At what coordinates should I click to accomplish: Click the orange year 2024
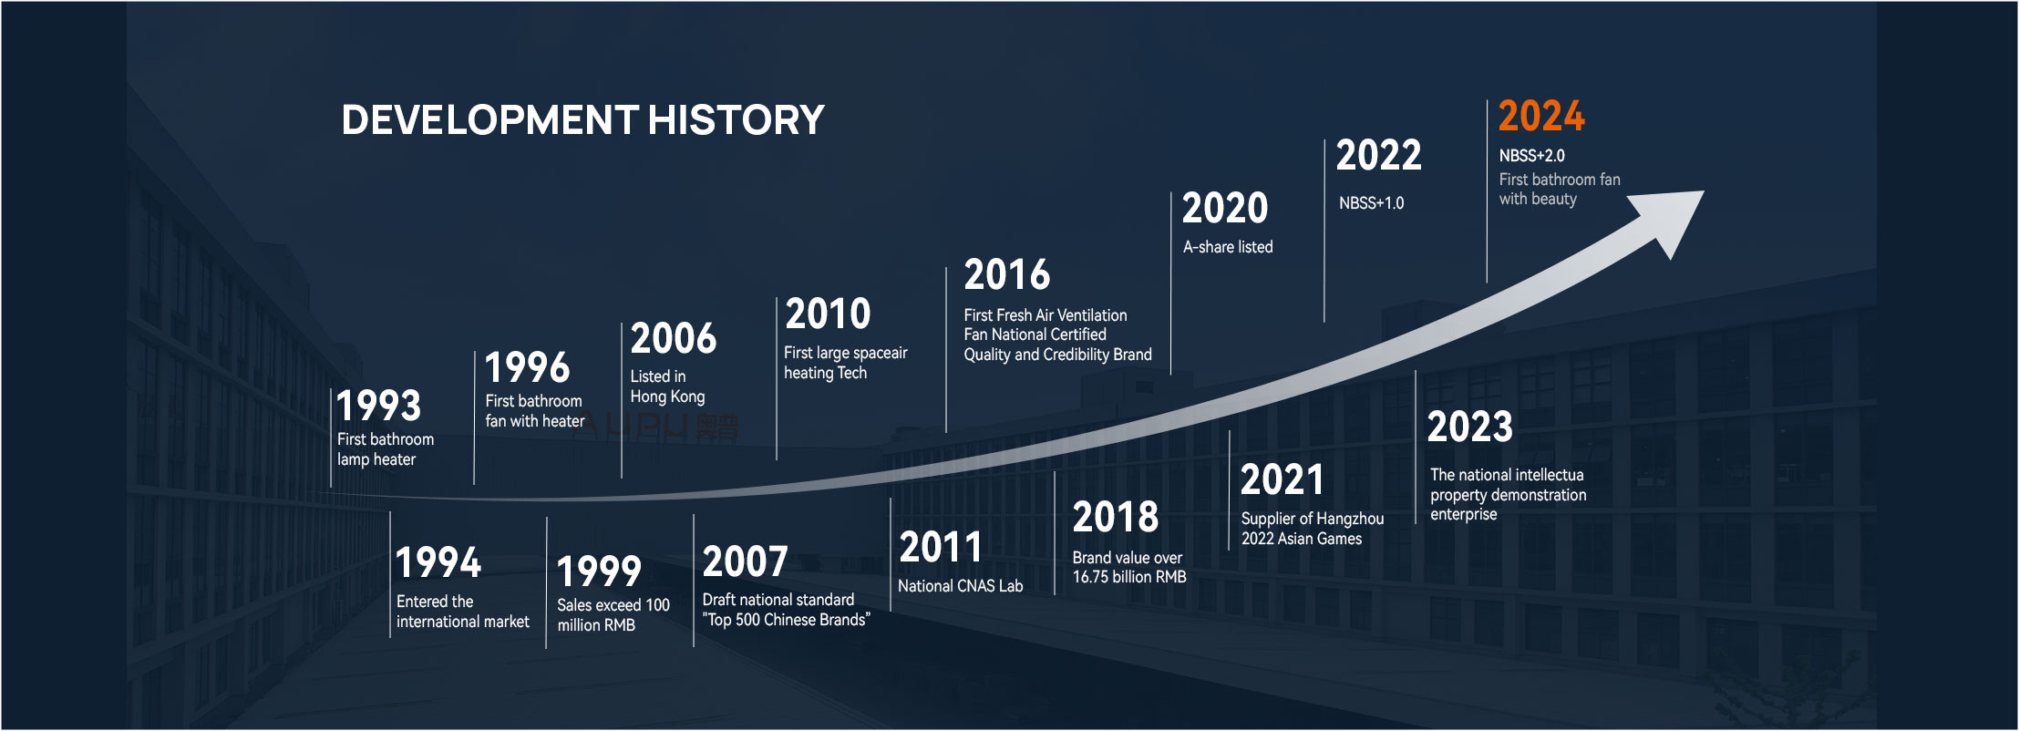1541,117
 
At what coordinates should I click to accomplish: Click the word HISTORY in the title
736,120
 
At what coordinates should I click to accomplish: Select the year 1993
379,406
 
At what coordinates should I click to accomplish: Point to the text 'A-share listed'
1227,247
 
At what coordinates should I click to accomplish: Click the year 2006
674,339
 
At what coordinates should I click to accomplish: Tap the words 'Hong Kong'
667,396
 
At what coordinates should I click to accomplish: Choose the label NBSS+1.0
1371,203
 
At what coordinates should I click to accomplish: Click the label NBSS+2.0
1531,156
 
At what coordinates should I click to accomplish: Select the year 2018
1115,518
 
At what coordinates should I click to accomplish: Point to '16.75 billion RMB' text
1129,577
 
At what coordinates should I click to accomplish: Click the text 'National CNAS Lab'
960,586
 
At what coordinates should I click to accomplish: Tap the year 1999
599,572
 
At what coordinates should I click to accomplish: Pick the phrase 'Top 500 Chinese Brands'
787,620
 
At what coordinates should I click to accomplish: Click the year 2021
1282,480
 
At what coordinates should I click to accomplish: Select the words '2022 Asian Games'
1301,539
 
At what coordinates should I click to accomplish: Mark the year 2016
1006,275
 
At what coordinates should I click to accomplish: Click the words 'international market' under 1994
462,622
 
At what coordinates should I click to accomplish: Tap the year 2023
1469,427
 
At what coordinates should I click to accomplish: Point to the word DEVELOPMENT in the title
489,120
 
